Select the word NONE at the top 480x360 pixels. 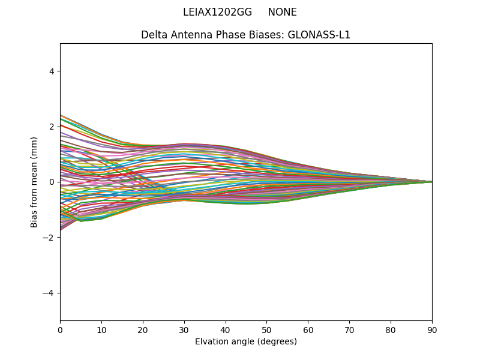[x=282, y=12]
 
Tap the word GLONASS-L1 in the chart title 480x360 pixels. [x=319, y=35]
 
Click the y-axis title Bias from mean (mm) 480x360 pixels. [x=35, y=182]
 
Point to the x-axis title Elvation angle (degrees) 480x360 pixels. [x=246, y=341]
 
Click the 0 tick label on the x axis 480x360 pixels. [x=60, y=329]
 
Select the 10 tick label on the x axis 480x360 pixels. [x=101, y=329]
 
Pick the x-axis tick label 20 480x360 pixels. [x=143, y=329]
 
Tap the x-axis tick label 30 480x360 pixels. [x=184, y=329]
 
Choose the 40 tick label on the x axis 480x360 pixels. [x=226, y=329]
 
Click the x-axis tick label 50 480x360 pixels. [x=266, y=329]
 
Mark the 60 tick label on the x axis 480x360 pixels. [x=308, y=329]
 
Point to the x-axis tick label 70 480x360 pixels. [x=349, y=329]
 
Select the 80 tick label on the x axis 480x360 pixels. [x=391, y=329]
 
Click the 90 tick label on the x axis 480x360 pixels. [x=432, y=329]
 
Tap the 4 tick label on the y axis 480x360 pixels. [x=52, y=71]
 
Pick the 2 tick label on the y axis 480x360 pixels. [x=52, y=127]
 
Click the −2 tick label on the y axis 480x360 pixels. [x=49, y=237]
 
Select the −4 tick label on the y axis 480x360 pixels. [x=49, y=293]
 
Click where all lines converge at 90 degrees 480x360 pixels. [x=431, y=182]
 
